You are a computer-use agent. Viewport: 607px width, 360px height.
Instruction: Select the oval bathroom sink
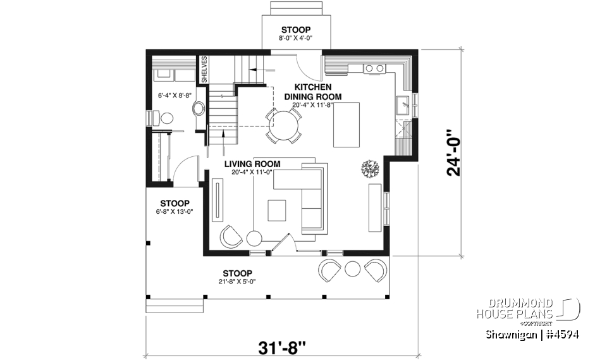(x=199, y=108)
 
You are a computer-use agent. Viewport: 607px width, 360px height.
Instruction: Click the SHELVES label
(x=204, y=70)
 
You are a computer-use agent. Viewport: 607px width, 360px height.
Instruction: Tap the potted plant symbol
(x=369, y=168)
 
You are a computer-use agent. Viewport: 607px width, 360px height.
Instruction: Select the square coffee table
(x=276, y=210)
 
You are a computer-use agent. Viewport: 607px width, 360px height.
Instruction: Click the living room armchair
(x=231, y=237)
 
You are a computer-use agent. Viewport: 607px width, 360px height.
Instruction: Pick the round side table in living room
(x=254, y=239)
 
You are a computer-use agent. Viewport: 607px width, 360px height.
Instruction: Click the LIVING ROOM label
(x=252, y=164)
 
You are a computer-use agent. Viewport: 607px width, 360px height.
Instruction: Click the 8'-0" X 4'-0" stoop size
(x=296, y=39)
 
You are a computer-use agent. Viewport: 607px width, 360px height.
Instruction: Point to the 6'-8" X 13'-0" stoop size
(x=175, y=212)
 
